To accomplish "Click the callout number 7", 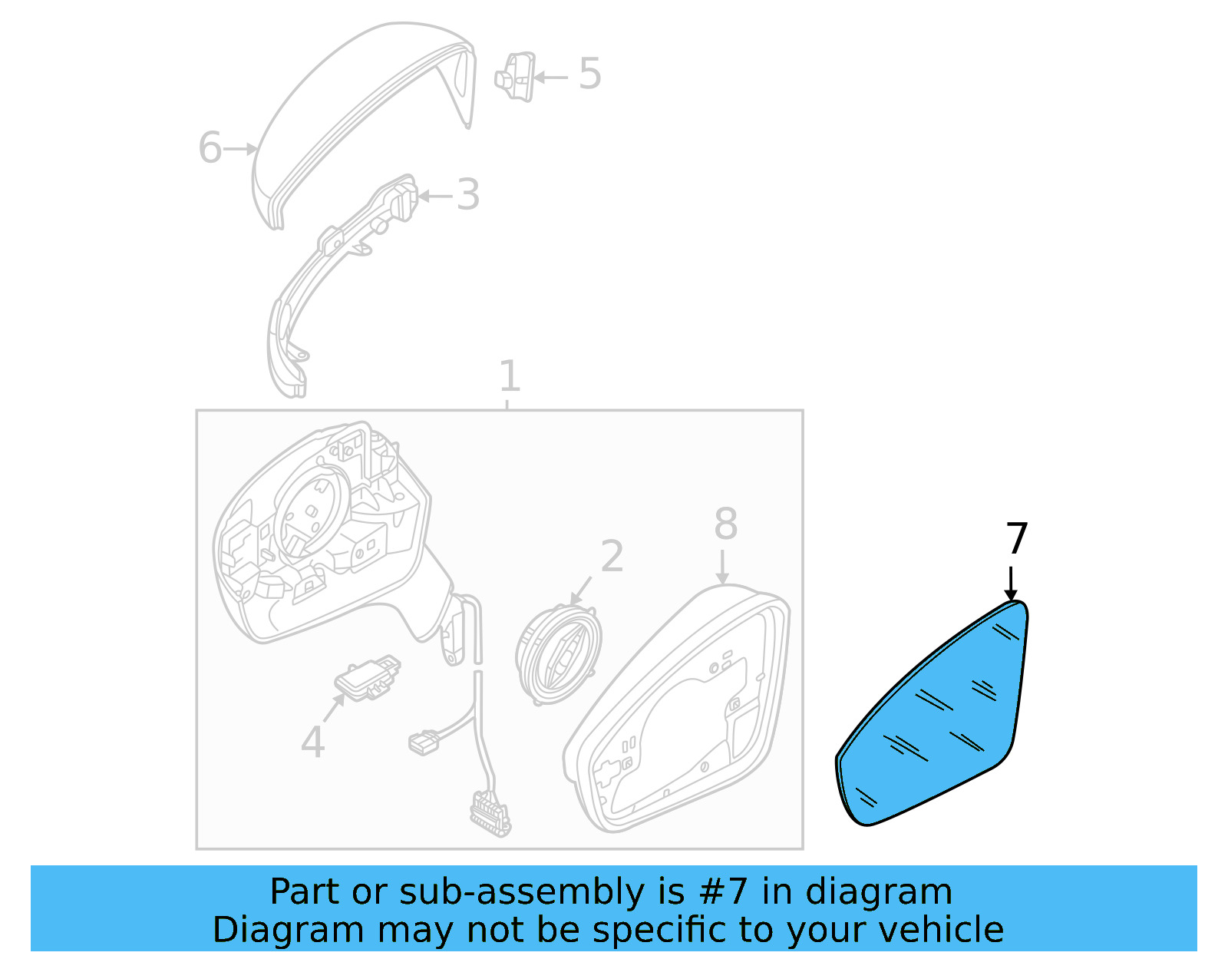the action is coord(1016,538).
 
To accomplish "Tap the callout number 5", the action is coord(589,74).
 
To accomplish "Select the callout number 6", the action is coord(210,147).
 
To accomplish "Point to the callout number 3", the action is coord(468,195).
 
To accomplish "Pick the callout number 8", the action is coord(725,524).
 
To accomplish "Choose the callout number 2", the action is coord(612,555).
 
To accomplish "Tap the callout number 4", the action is coord(312,741).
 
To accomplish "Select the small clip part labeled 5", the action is coord(516,78).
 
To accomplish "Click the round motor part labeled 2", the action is coord(558,656).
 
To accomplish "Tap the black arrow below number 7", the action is coord(1011,584).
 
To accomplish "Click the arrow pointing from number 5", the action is coord(551,78).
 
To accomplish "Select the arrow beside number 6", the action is coord(240,149).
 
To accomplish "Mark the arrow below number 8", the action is coord(722,567).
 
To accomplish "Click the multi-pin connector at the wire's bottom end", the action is coord(490,814).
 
